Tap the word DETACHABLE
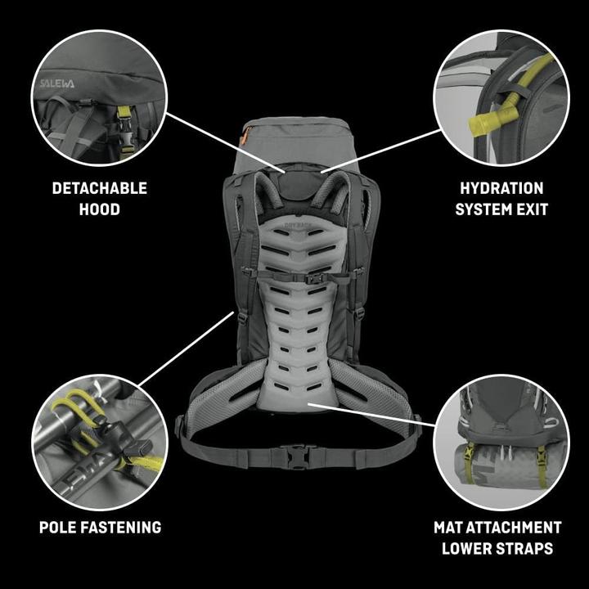tap(100, 188)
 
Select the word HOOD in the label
tap(100, 209)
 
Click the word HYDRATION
tap(501, 188)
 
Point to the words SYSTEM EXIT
tap(501, 209)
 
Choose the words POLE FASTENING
tap(100, 527)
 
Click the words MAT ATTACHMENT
tap(497, 527)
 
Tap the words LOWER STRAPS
tap(497, 548)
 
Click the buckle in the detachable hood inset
tap(124, 120)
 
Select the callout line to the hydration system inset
tap(381, 151)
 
